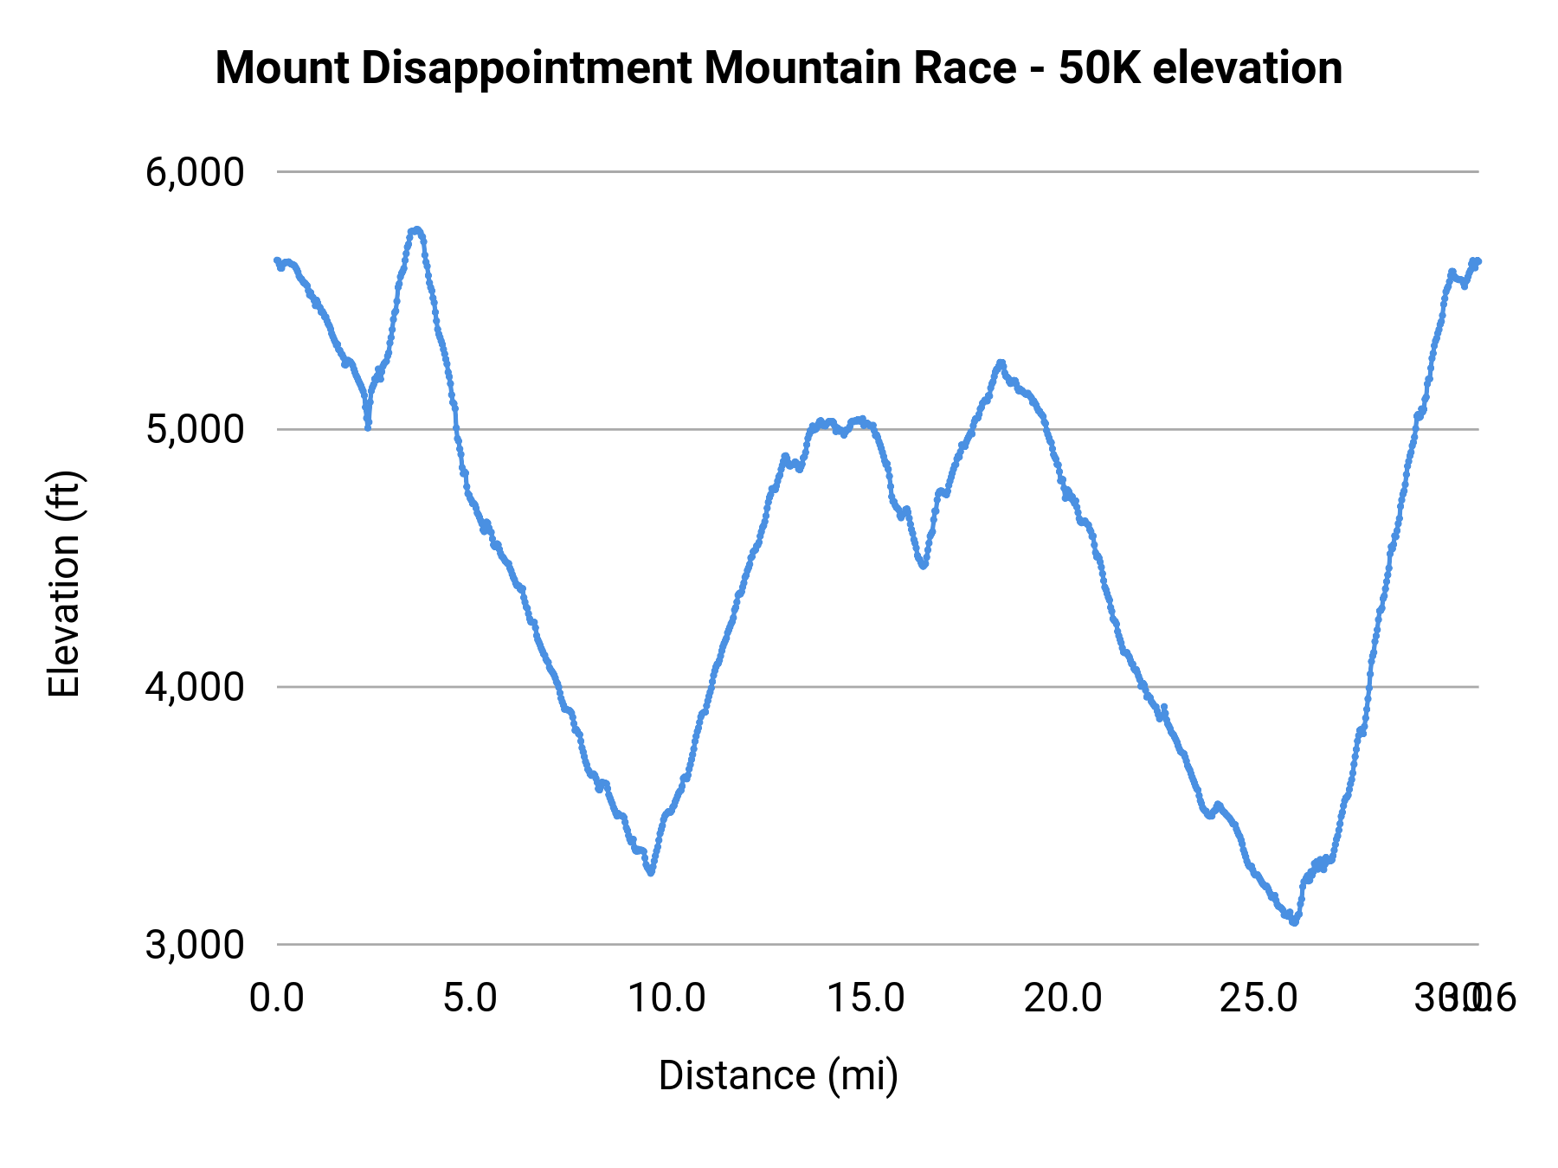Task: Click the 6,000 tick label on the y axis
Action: coord(195,173)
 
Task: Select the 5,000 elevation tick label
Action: coord(195,430)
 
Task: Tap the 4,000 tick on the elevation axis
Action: coord(195,688)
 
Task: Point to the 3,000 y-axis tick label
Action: coord(195,945)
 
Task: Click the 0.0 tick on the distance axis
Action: coord(277,998)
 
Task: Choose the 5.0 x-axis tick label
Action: coord(470,998)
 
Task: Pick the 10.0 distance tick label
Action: coord(666,998)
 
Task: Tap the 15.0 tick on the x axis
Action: coord(866,998)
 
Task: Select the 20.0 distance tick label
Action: coord(1063,998)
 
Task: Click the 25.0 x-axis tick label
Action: coord(1259,998)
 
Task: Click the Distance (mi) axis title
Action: coord(778,1075)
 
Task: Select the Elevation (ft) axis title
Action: coord(64,584)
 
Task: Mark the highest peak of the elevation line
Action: coord(417,229)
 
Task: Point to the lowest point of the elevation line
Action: coord(1294,922)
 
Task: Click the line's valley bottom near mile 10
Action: coord(650,873)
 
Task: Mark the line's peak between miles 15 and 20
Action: coord(1001,363)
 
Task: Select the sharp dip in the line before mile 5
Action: coord(368,427)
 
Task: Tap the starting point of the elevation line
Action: coord(277,260)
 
